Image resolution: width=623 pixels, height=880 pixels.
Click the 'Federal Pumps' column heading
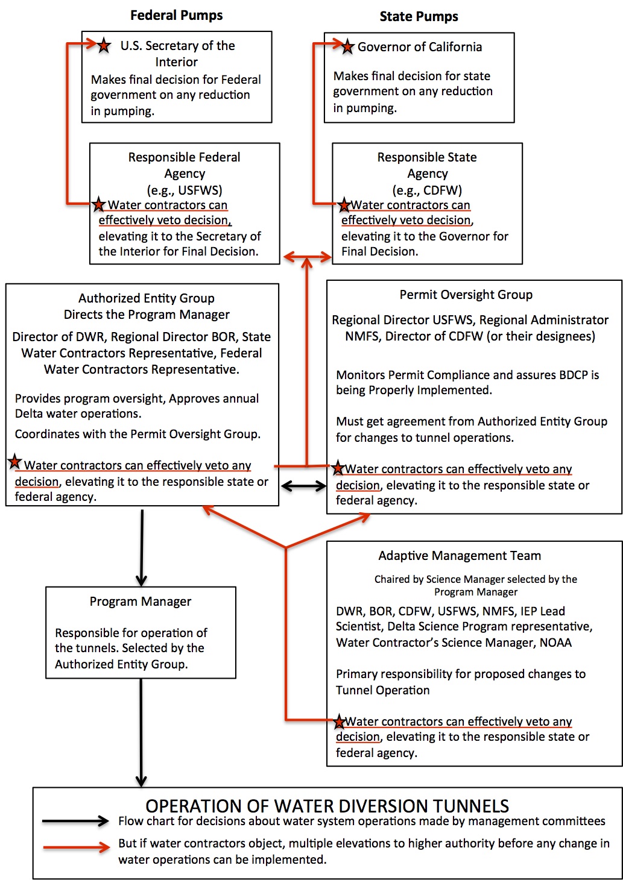[176, 16]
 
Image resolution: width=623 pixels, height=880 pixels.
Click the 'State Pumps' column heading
[419, 17]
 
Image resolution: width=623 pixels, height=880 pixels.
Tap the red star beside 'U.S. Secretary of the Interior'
[104, 45]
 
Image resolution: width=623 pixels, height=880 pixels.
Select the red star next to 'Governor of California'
[347, 47]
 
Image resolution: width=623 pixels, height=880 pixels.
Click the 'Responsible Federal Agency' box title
[185, 165]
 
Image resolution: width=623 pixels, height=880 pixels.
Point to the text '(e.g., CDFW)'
[427, 190]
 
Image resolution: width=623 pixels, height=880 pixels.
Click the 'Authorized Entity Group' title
[147, 298]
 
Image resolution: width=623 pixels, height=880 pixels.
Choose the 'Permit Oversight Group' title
[466, 295]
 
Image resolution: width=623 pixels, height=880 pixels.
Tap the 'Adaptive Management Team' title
[460, 556]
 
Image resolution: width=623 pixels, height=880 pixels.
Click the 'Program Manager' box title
[141, 602]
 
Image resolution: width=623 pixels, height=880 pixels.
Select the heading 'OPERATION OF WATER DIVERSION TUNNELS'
[327, 806]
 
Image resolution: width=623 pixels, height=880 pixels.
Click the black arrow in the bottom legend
[75, 821]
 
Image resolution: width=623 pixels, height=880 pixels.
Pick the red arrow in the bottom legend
[76, 847]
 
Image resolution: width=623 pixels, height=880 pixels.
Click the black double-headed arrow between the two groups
[303, 486]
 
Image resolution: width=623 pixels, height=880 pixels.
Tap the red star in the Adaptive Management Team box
[340, 721]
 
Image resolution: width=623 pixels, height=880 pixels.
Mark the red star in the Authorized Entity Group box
[15, 463]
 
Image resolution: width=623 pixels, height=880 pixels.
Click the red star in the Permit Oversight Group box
[338, 468]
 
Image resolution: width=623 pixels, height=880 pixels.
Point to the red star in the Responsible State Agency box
[344, 206]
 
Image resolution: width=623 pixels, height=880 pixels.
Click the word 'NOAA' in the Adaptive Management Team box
[555, 643]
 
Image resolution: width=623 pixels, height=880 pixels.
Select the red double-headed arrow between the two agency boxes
[307, 257]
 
